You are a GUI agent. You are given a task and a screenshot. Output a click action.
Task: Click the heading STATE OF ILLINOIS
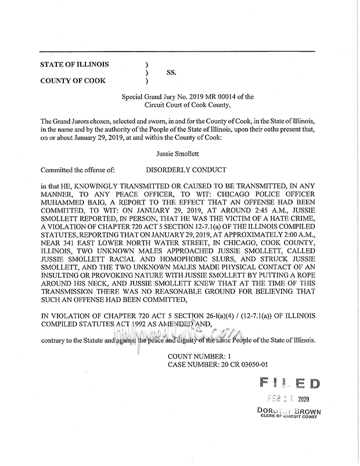74,64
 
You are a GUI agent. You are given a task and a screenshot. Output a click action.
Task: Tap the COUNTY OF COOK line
73,81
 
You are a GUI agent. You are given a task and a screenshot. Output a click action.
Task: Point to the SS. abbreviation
171,73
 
